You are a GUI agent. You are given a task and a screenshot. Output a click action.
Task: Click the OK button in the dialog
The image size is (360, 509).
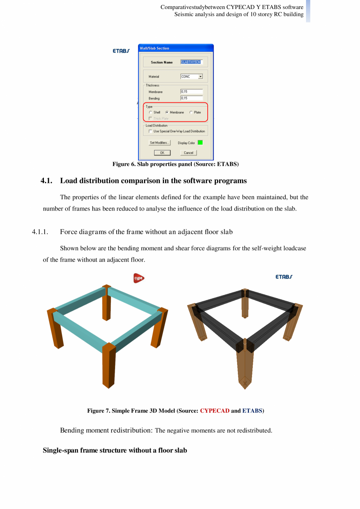tap(162, 153)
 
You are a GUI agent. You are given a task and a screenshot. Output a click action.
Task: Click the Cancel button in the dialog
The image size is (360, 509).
tap(188, 153)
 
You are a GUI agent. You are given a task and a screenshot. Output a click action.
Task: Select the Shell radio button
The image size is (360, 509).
tap(151, 112)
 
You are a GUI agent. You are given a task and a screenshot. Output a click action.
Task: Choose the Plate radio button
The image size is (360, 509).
tap(191, 112)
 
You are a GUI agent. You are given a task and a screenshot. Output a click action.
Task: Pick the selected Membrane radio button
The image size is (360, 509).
tap(167, 112)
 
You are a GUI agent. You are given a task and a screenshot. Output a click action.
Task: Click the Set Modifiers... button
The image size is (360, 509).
tap(160, 143)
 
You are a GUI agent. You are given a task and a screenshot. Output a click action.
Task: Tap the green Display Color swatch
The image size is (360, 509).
tap(200, 143)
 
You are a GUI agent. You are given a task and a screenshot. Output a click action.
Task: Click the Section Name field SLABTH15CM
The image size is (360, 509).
tap(191, 62)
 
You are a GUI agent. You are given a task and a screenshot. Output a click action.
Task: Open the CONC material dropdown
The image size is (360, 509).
tap(200, 77)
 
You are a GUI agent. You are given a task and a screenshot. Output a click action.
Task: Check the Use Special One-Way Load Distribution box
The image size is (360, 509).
tap(151, 132)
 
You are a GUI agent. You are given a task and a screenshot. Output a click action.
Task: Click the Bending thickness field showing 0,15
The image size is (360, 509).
tap(191, 98)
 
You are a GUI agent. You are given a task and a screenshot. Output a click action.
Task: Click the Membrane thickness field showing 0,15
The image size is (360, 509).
tap(191, 92)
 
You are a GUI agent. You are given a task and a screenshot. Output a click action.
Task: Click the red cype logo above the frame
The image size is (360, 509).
tap(139, 278)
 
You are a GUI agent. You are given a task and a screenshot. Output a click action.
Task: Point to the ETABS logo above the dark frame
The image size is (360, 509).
tap(284, 277)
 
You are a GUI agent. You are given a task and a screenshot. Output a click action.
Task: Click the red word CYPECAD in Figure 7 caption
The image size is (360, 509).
tap(214, 411)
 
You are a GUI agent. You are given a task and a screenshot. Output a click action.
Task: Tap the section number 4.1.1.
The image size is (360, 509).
tap(40, 232)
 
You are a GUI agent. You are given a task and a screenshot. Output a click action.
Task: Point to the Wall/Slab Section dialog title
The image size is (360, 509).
tap(155, 48)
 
